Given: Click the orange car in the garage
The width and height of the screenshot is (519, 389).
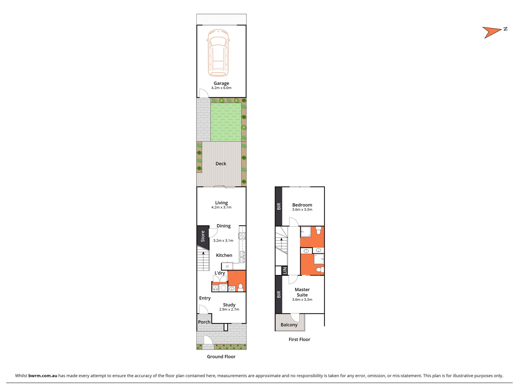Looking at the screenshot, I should (218, 53).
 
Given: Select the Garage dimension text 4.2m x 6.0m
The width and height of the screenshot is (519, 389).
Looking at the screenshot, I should (221, 88).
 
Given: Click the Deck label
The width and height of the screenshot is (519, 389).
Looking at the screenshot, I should (221, 164).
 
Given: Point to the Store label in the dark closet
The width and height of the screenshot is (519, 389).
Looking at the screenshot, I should (203, 236).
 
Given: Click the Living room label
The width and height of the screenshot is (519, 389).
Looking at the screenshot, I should (221, 203).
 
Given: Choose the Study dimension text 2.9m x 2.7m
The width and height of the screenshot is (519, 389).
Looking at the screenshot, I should (229, 309).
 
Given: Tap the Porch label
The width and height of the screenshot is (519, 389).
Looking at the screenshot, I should (204, 322).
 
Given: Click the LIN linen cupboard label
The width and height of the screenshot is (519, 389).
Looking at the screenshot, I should (285, 270).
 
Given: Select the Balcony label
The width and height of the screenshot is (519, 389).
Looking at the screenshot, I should (289, 325).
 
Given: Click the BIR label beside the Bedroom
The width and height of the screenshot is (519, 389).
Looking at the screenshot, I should (279, 206).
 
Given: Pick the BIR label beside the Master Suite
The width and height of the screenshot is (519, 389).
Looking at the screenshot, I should (279, 294).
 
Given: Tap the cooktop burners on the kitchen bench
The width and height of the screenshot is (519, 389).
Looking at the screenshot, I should (242, 236).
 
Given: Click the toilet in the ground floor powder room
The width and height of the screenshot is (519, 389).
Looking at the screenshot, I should (240, 287).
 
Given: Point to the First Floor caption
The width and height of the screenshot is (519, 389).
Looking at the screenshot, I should (299, 339).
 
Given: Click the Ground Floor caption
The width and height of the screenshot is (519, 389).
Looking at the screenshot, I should (221, 357).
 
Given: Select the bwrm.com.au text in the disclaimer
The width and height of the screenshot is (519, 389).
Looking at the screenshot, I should (43, 376).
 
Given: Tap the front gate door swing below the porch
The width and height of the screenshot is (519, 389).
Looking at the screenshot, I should (208, 340).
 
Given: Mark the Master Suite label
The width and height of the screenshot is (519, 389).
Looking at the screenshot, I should (302, 292).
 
